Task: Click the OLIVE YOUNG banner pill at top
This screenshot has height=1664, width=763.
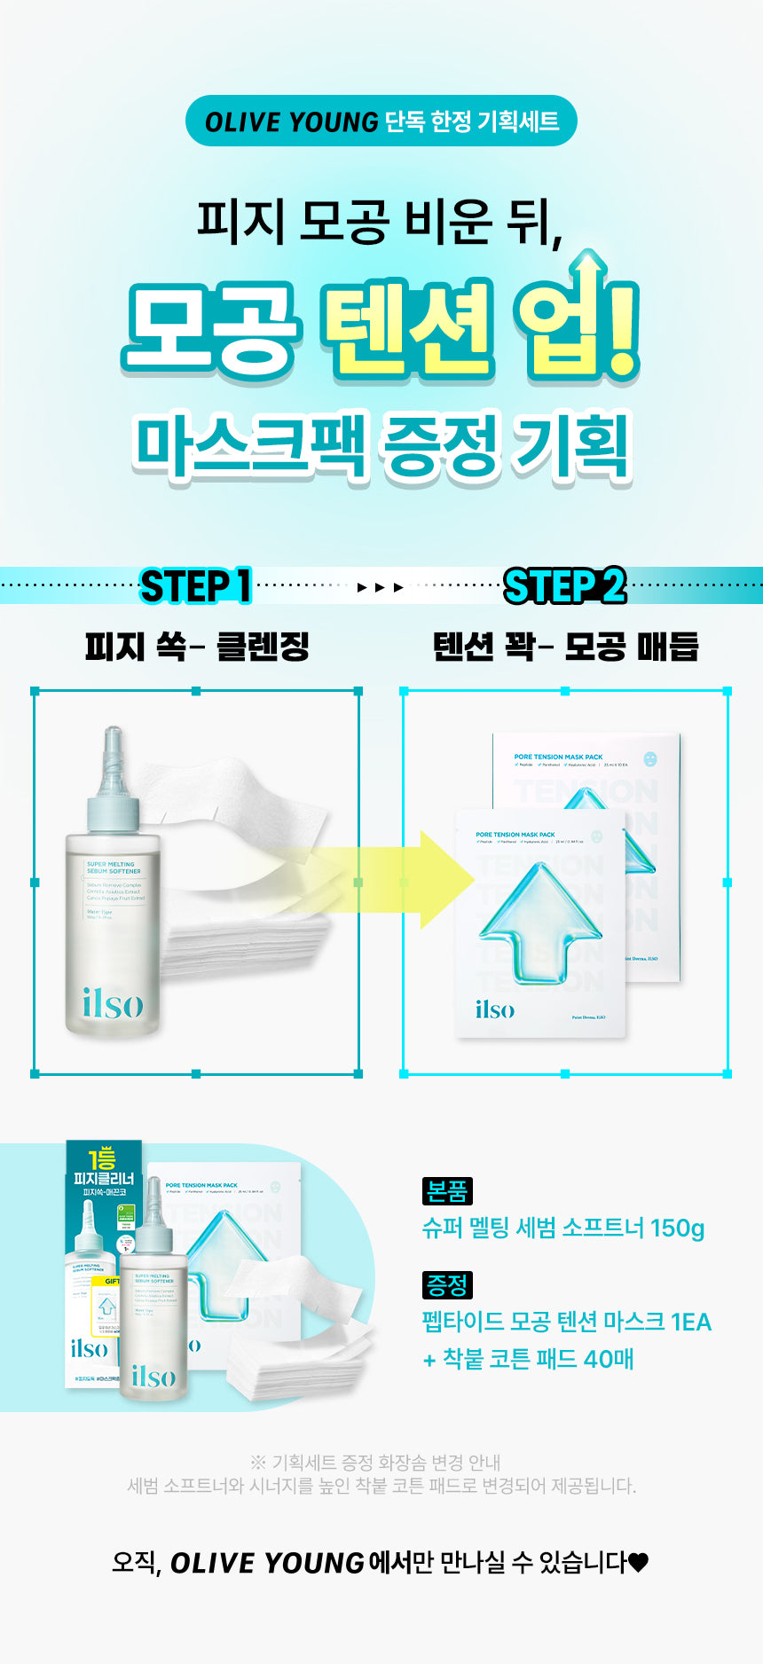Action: [x=381, y=122]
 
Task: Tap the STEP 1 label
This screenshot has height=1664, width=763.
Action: [x=196, y=586]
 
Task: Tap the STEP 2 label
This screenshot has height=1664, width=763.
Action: [x=564, y=586]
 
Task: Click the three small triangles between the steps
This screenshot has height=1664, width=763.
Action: [x=381, y=587]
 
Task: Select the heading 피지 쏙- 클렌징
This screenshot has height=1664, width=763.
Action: [x=196, y=647]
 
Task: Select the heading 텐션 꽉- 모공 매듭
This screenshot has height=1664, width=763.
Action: [x=565, y=647]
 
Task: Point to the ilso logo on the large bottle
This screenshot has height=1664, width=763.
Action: [x=113, y=1003]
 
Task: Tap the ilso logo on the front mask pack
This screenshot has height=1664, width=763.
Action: [x=494, y=1009]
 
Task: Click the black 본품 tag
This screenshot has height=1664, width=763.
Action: [x=447, y=1191]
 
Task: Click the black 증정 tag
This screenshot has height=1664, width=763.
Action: [x=447, y=1284]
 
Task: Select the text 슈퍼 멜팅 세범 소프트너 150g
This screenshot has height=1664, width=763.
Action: [x=563, y=1228]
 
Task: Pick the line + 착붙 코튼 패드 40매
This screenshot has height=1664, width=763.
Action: [x=528, y=1359]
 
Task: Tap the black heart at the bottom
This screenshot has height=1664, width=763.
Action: [x=639, y=1562]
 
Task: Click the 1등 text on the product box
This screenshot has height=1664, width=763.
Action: [x=102, y=1158]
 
